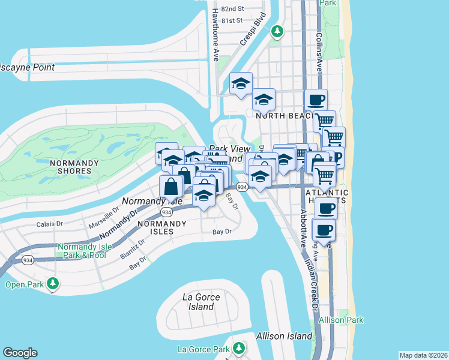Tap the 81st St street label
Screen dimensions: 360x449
click(x=231, y=20)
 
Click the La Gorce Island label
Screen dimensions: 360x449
click(x=200, y=302)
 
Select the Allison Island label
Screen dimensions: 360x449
click(x=284, y=336)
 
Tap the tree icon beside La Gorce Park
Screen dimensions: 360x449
click(x=239, y=348)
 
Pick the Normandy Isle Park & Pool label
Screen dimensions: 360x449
click(x=82, y=251)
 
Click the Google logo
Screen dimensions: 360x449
click(x=20, y=353)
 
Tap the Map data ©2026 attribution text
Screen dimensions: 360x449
click(x=424, y=355)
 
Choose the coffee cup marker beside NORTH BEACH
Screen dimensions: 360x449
click(x=315, y=100)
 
